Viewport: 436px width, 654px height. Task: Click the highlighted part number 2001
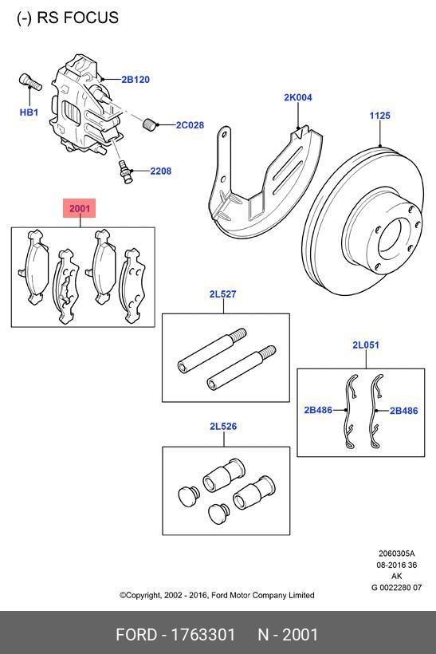click(x=80, y=209)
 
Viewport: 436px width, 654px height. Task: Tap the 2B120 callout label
click(x=136, y=80)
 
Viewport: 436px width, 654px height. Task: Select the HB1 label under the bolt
click(x=29, y=112)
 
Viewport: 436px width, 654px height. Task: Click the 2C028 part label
click(x=190, y=125)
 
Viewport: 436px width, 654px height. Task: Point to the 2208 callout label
click(x=160, y=171)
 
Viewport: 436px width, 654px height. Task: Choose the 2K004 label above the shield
click(x=298, y=98)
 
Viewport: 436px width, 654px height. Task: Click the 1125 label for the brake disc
click(x=379, y=116)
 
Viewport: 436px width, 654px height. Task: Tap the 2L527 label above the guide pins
click(x=223, y=294)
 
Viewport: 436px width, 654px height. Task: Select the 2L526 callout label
click(x=223, y=427)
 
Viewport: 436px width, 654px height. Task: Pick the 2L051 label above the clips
click(x=366, y=345)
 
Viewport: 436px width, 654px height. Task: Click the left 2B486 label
click(x=317, y=411)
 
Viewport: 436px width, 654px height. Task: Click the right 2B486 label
click(x=403, y=411)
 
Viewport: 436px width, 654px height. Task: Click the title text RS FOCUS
click(x=68, y=18)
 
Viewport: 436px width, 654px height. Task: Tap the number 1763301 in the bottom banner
click(x=203, y=635)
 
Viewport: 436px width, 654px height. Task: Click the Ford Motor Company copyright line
click(x=217, y=595)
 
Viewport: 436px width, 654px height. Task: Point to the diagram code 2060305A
click(x=396, y=554)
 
